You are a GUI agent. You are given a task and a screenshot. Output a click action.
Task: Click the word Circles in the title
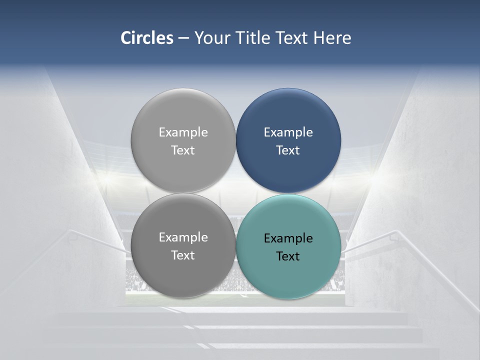[x=146, y=38]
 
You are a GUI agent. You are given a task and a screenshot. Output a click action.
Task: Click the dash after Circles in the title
[x=183, y=38]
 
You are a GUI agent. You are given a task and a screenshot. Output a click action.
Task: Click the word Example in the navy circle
[x=288, y=132]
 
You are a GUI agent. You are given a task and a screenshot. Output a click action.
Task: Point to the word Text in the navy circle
[x=288, y=150]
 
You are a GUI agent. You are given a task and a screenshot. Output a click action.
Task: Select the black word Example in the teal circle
[x=288, y=238]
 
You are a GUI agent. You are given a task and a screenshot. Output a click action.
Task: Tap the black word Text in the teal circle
[x=288, y=256]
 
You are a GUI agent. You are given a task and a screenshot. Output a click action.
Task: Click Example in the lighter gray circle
[x=183, y=132]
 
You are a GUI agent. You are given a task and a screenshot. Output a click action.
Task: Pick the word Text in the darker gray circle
[x=183, y=255]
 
